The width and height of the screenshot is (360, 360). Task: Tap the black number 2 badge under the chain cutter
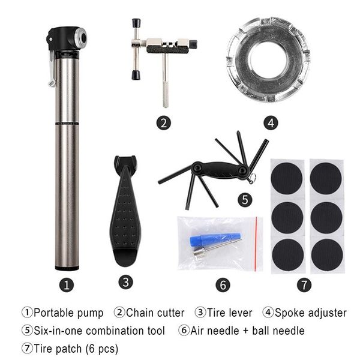163,123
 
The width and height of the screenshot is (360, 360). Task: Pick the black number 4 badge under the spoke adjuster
271,123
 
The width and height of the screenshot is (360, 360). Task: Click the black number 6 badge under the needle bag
222,285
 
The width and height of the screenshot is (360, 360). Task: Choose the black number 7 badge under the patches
306,285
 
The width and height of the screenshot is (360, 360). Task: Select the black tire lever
127,210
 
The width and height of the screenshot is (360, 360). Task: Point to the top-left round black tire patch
287,178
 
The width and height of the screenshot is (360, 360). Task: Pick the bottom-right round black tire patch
327,254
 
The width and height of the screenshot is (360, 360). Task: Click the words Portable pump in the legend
68,313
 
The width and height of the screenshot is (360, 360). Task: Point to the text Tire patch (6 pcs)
76,348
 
